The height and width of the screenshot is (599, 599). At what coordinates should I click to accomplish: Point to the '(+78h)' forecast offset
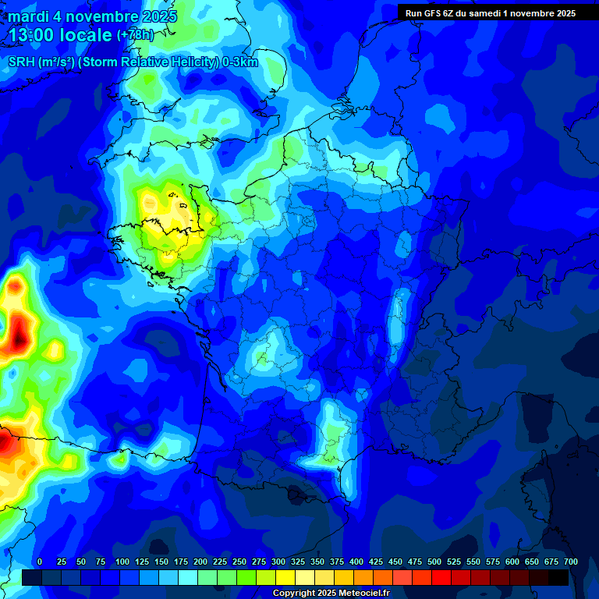[x=135, y=35]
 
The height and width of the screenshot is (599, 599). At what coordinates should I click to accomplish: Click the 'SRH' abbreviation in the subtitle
[x=21, y=63]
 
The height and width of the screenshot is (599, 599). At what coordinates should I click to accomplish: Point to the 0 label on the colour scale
[x=40, y=562]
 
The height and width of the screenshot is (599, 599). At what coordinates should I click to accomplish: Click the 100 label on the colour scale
[x=122, y=562]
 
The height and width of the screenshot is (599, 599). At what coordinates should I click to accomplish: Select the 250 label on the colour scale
[x=239, y=562]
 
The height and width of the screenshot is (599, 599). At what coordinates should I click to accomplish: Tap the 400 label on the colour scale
[x=356, y=562]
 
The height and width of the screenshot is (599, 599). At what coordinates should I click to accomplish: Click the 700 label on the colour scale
[x=570, y=562]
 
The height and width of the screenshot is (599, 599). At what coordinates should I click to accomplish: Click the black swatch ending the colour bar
[x=558, y=577]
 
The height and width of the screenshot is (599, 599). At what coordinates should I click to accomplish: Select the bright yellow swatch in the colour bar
[x=285, y=577]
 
